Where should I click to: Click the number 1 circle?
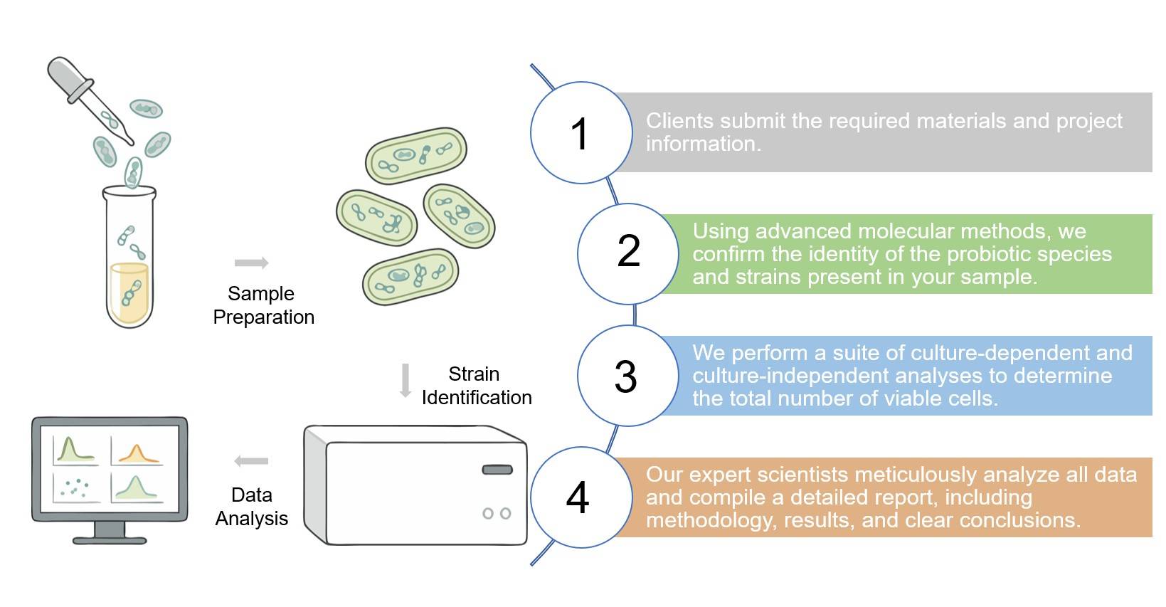point(581,133)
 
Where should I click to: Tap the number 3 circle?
point(627,376)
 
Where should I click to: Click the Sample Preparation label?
point(263,305)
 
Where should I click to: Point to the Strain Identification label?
point(476,386)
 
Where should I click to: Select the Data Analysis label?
point(251,507)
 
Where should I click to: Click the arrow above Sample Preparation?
point(251,263)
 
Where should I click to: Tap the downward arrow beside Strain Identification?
point(406,380)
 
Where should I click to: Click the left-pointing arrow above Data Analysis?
point(251,461)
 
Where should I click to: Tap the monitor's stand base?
point(110,539)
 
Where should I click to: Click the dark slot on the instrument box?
point(497,470)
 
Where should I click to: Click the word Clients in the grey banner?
point(677,121)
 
